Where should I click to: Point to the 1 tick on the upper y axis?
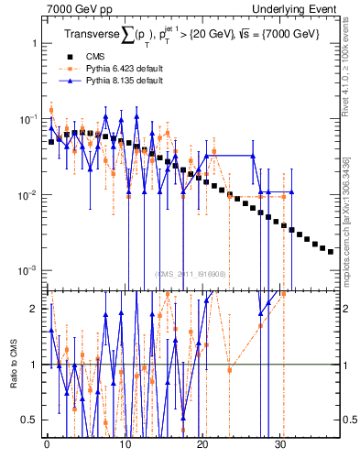[x=34, y=44]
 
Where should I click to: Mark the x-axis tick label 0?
[x=47, y=444]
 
